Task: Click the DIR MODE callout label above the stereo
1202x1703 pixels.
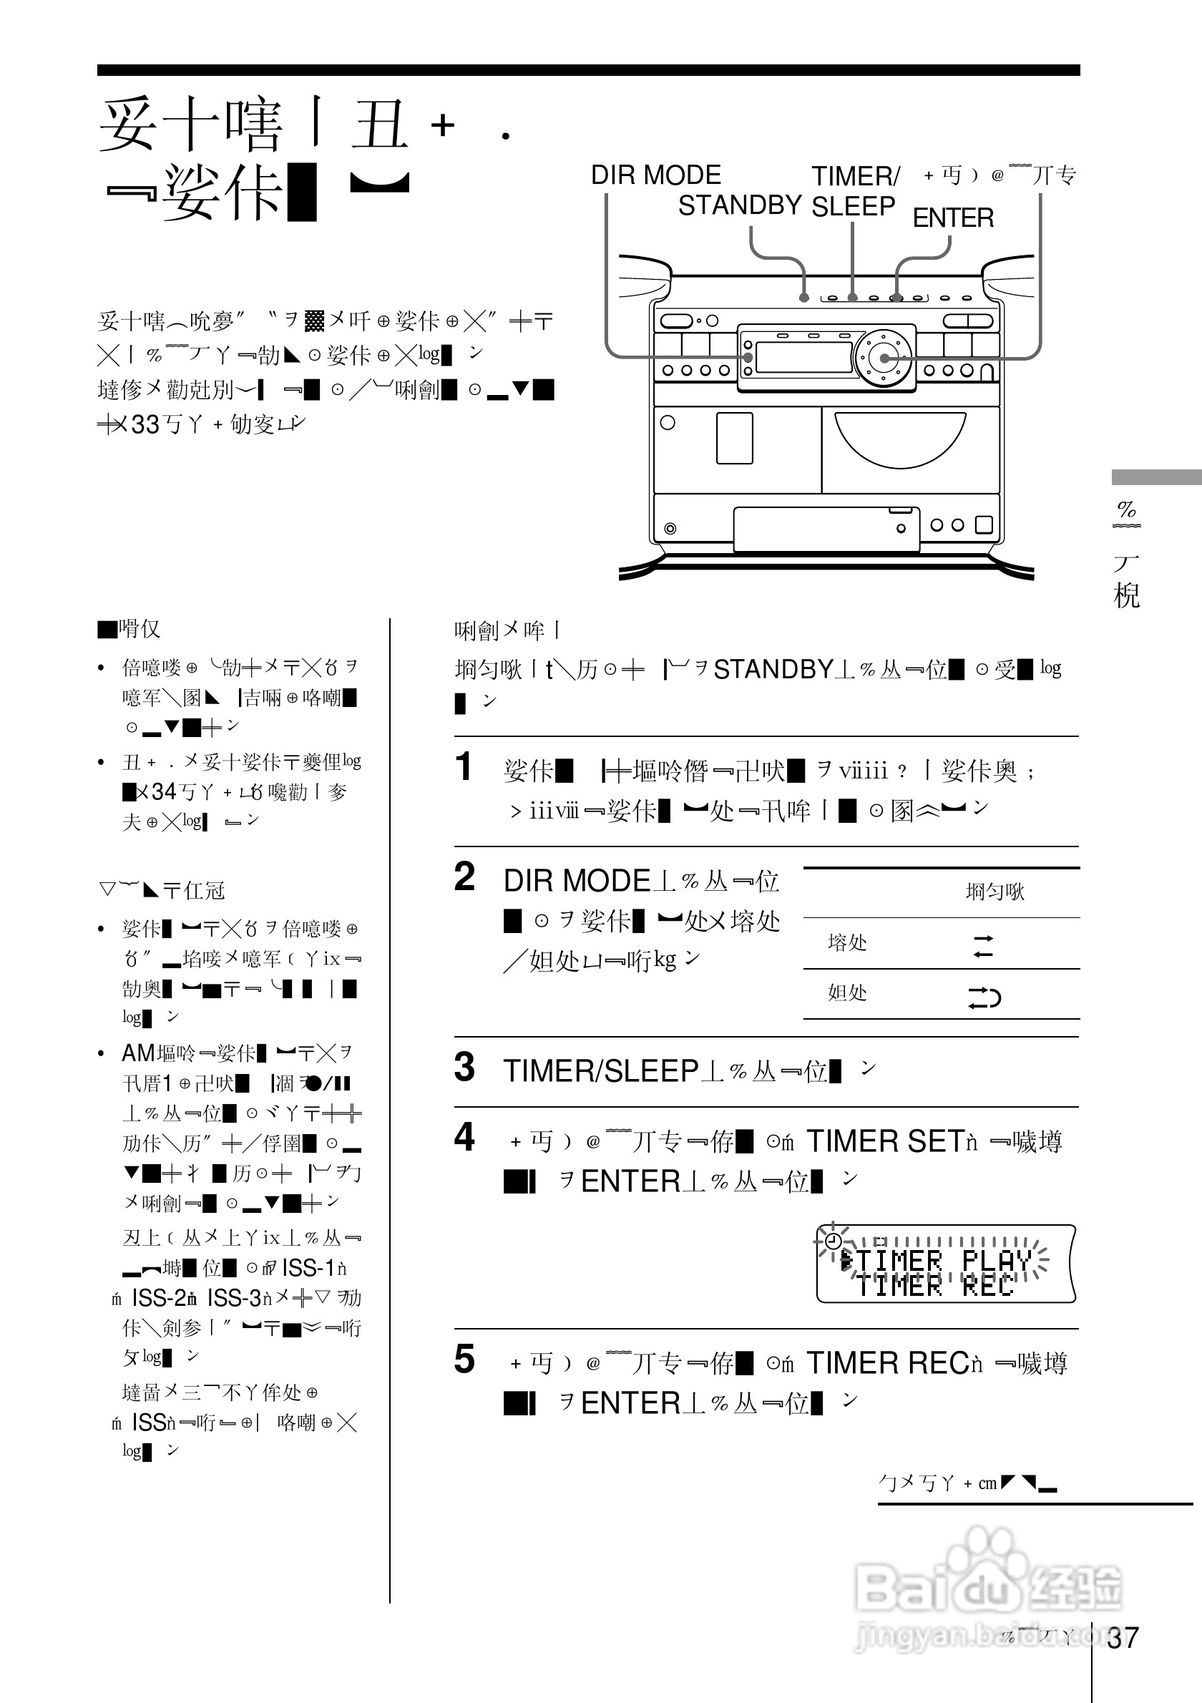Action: [655, 176]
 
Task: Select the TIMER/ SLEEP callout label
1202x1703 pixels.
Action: [854, 191]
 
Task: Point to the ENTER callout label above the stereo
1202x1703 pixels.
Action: [953, 218]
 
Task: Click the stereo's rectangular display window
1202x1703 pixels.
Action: [803, 358]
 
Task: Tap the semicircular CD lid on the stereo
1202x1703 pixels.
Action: [900, 438]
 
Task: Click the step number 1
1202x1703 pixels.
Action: [464, 767]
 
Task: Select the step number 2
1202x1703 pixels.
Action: [464, 877]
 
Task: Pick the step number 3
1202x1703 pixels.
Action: [464, 1068]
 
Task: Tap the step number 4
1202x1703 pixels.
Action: [464, 1137]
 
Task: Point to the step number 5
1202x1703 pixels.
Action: [464, 1360]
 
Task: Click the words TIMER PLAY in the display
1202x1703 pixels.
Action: [943, 1260]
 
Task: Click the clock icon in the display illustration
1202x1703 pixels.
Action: [834, 1240]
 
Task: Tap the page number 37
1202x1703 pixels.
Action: [1122, 1638]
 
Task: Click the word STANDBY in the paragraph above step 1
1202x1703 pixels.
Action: [773, 670]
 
